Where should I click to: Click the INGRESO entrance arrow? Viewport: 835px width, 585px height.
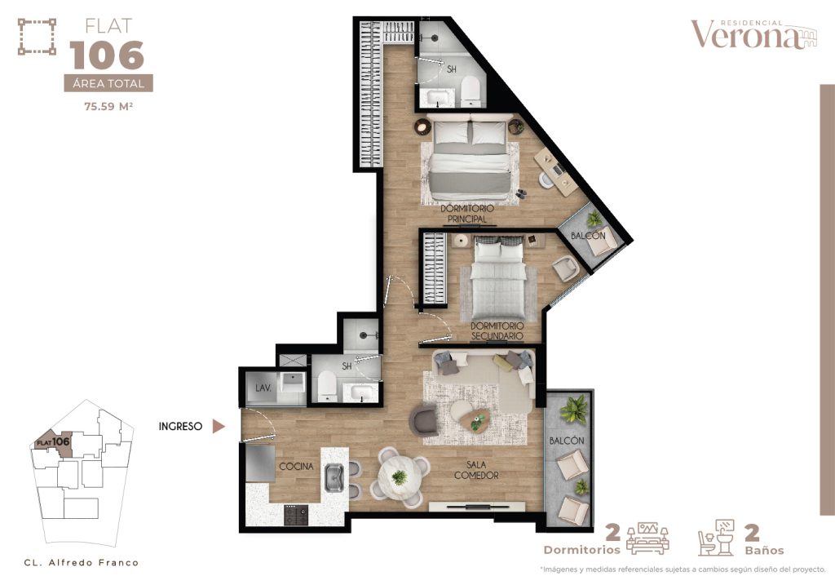pyautogui.click(x=218, y=425)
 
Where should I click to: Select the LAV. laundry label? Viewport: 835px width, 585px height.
pyautogui.click(x=263, y=388)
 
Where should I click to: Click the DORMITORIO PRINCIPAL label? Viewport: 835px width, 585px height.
pyautogui.click(x=467, y=214)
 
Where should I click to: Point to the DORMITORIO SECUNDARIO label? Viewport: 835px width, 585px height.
pyautogui.click(x=496, y=330)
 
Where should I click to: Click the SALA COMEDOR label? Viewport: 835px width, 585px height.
pyautogui.click(x=477, y=470)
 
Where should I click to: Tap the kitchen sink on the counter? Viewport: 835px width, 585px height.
pyautogui.click(x=334, y=478)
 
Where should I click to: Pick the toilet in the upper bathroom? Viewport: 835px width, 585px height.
pyautogui.click(x=471, y=91)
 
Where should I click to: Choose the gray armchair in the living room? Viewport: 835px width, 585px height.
pyautogui.click(x=424, y=420)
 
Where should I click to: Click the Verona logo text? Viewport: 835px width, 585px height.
pyautogui.click(x=748, y=35)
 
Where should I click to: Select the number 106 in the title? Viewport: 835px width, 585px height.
pyautogui.click(x=107, y=55)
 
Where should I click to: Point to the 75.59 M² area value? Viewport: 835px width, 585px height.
pyautogui.click(x=108, y=104)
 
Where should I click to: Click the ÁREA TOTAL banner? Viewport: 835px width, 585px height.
pyautogui.click(x=108, y=83)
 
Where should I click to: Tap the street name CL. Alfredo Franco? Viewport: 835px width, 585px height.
pyautogui.click(x=81, y=562)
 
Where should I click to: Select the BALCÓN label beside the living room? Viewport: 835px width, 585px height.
pyautogui.click(x=568, y=441)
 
